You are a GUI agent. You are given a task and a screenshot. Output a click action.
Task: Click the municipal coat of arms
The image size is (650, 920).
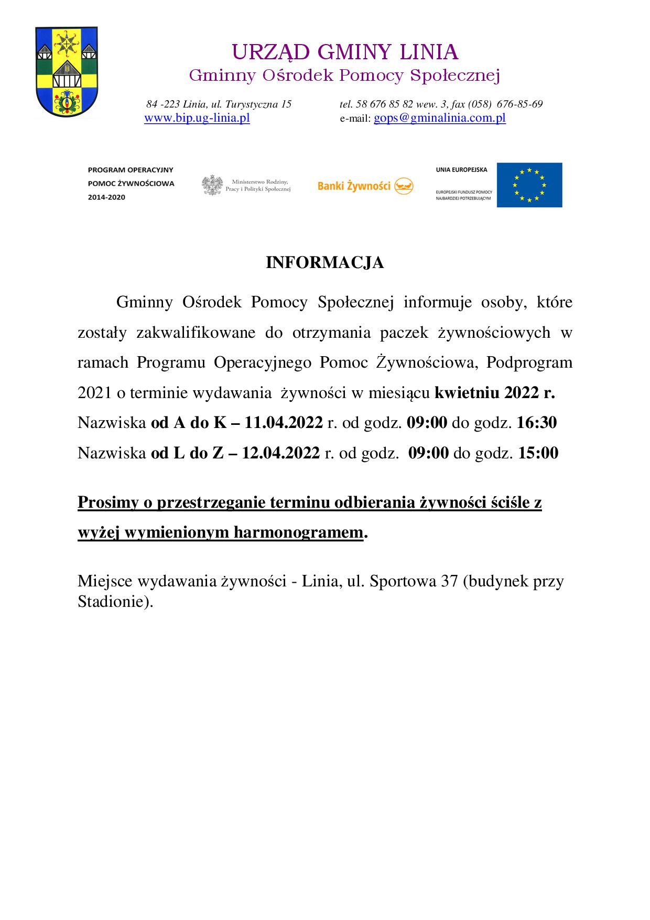coord(66,72)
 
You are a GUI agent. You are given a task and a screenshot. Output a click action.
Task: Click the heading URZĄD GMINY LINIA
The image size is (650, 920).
coord(345,52)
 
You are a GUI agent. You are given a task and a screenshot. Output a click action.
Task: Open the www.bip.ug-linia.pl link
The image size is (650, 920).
coord(197,118)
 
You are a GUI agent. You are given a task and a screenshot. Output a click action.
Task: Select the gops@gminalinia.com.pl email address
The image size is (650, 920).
coord(439,118)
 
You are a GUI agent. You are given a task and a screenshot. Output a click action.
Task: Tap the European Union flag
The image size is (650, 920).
coord(529,185)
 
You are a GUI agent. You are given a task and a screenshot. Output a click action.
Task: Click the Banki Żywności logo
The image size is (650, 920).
coord(365,186)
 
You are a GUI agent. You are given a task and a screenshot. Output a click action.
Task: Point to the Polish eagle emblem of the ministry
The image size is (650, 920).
coord(212,185)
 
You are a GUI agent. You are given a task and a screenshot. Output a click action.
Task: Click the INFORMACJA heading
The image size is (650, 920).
coord(324,263)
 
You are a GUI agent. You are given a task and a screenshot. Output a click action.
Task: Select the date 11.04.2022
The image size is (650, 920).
coord(284,423)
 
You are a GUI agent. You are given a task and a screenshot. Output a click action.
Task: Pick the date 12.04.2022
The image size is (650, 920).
coord(280,453)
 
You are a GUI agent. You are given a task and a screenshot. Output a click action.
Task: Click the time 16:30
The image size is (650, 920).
coord(537,423)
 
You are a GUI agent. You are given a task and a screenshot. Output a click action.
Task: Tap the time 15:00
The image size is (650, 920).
coord(538,453)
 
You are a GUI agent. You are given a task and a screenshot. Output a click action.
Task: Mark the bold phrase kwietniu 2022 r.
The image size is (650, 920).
coord(495,393)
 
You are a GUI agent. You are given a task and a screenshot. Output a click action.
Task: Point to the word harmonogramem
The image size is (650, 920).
coord(298,532)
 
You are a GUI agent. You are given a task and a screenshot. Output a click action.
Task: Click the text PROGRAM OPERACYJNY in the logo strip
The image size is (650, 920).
coord(131,170)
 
